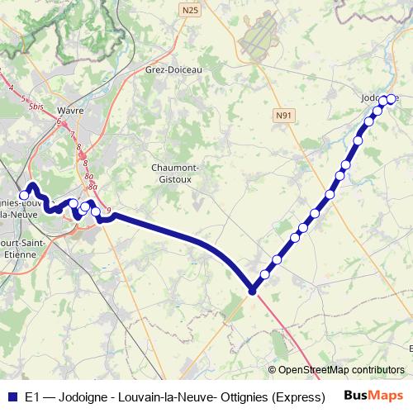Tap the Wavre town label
click(72, 108)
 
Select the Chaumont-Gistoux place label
click(174, 172)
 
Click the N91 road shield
click(285, 116)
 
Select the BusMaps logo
click(373, 396)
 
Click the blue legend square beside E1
click(13, 396)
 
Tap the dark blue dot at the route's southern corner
click(252, 291)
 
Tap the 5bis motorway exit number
click(36, 107)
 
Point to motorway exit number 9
click(108, 210)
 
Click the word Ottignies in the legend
click(231, 396)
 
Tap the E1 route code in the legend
click(31, 396)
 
